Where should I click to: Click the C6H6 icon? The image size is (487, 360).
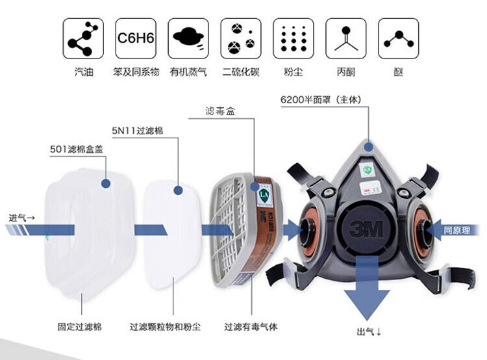pyautogui.click(x=135, y=38)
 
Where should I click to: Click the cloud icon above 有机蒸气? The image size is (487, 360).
pyautogui.click(x=188, y=38)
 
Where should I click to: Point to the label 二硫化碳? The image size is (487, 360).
pyautogui.click(x=240, y=72)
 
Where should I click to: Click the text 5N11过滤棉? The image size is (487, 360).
pyautogui.click(x=137, y=131)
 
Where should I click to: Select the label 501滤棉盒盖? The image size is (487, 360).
pyautogui.click(x=77, y=149)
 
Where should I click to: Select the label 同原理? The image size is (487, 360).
pyautogui.click(x=456, y=229)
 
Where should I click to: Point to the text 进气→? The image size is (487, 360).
pyautogui.click(x=22, y=217)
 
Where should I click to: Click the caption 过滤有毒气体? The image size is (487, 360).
pyautogui.click(x=251, y=326)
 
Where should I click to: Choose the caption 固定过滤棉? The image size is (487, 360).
pyautogui.click(x=79, y=326)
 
